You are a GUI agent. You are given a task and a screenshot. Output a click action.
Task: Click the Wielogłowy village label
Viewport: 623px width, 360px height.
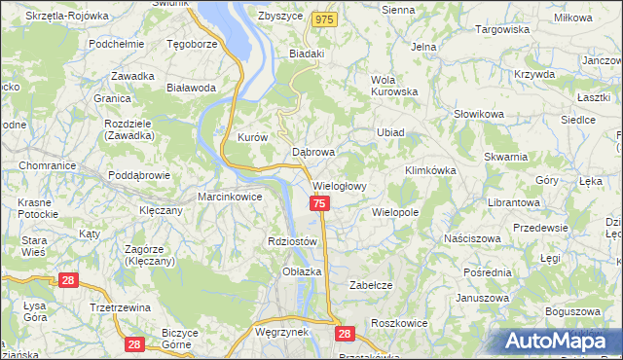pos(339,186)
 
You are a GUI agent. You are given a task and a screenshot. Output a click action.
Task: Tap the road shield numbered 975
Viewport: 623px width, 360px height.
pos(326,19)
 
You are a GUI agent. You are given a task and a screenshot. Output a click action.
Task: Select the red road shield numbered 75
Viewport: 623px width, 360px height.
pos(319,203)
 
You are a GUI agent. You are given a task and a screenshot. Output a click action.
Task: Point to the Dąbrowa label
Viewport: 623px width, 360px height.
pos(313,153)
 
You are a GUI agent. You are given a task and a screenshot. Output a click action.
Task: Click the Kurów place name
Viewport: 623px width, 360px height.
pos(252,138)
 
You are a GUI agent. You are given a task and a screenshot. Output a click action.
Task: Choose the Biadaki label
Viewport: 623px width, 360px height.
pos(306,54)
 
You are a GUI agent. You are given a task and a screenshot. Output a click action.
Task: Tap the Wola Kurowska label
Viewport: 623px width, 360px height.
pos(394,86)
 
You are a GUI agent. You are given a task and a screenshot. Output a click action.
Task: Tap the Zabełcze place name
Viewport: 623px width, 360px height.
pos(370,285)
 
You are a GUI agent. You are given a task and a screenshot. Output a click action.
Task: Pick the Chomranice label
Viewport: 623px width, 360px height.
pos(40,165)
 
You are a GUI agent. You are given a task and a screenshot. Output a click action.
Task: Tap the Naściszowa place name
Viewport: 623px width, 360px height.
pos(471,238)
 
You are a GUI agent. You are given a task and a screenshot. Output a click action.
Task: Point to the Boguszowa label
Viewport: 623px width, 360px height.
pos(569,311)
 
